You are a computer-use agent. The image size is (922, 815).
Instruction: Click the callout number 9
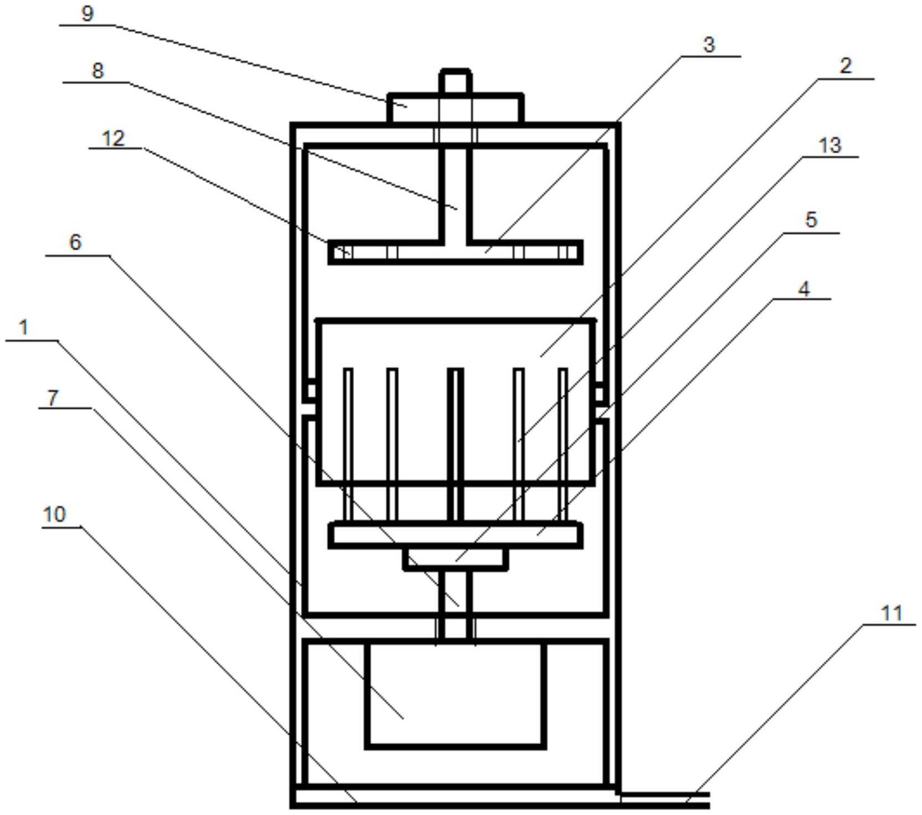pyautogui.click(x=87, y=13)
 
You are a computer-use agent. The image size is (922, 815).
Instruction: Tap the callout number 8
pyautogui.click(x=98, y=71)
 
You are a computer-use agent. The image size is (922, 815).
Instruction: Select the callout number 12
pyautogui.click(x=114, y=138)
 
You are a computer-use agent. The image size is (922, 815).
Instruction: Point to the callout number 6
pyautogui.click(x=75, y=242)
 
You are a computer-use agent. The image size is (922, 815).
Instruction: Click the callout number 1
pyautogui.click(x=23, y=327)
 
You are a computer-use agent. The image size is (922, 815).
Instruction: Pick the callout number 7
pyautogui.click(x=53, y=397)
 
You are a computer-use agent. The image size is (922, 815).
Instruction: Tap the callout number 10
pyautogui.click(x=54, y=514)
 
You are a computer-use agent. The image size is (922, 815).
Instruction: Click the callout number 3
pyautogui.click(x=709, y=45)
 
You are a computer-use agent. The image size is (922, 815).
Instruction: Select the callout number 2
pyautogui.click(x=845, y=66)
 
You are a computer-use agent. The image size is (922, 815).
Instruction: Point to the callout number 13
pyautogui.click(x=830, y=146)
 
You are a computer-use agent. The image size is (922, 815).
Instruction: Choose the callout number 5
pyautogui.click(x=811, y=220)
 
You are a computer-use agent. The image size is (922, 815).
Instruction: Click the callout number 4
pyautogui.click(x=804, y=288)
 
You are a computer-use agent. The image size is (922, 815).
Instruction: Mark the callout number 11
pyautogui.click(x=892, y=613)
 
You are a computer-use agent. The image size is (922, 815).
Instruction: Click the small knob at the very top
pyautogui.click(x=455, y=81)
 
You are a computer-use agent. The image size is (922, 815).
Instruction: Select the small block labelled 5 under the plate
pyautogui.click(x=455, y=559)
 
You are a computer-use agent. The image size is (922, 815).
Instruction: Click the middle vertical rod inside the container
pyautogui.click(x=455, y=445)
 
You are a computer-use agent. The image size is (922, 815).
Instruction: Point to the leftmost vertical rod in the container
pyautogui.click(x=348, y=445)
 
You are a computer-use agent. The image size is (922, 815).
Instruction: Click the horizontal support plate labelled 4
pyautogui.click(x=455, y=535)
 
